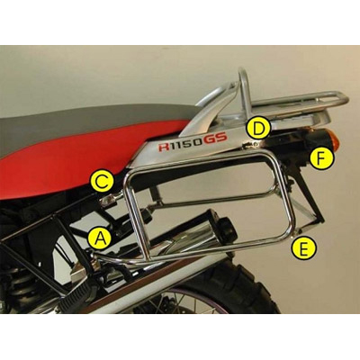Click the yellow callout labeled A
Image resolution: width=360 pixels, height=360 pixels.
tap(101, 238)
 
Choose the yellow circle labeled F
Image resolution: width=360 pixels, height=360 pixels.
tap(321, 159)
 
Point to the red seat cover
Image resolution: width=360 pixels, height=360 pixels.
tap(54, 171)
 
